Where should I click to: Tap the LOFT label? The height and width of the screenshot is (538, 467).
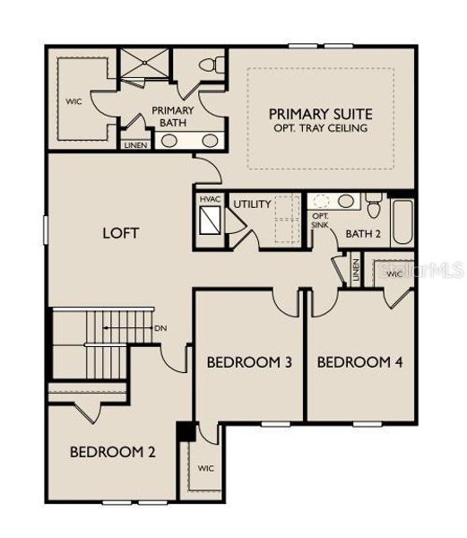coord(120,233)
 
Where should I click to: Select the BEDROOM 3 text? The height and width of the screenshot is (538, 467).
coord(249,362)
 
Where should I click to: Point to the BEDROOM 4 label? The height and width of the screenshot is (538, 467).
coord(359,362)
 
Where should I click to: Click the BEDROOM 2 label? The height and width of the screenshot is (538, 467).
coord(113,451)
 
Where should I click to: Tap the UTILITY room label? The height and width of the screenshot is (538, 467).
coord(252,204)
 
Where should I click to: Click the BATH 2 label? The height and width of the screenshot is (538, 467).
coord(363,234)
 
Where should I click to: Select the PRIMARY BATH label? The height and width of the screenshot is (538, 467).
coord(172,117)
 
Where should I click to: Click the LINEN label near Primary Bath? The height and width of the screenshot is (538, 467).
coord(135,143)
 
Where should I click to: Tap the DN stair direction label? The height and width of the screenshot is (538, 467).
coord(161,328)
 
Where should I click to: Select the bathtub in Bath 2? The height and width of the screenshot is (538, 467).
coord(402,225)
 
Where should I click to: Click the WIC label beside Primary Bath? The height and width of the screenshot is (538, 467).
coord(74,101)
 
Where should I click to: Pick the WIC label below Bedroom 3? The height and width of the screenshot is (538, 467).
coord(205,469)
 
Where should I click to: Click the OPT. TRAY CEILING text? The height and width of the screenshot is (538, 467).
coord(320,128)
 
